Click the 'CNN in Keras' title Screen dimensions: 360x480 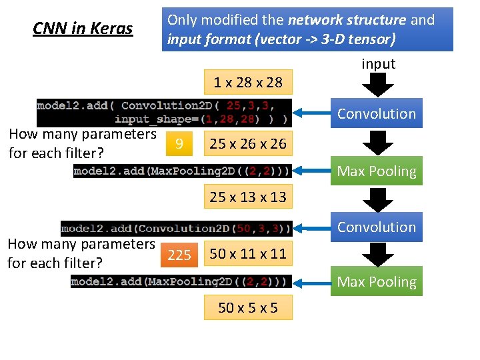point(83,29)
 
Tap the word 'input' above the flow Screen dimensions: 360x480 point(378,64)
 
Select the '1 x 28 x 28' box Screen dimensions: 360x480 point(248,83)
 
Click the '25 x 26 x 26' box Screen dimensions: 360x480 point(248,143)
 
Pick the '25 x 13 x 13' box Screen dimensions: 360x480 point(248,197)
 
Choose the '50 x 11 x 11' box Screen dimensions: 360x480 point(248,253)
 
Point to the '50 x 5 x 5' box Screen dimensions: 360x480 point(248,307)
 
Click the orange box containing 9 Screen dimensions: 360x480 point(177,143)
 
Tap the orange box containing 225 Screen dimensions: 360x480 point(179,254)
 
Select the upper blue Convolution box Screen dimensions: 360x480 point(376,113)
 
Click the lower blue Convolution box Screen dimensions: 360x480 point(376,227)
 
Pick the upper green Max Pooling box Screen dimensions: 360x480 point(376,171)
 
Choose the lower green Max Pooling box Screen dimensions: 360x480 point(376,282)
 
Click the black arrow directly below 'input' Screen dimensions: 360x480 point(378,85)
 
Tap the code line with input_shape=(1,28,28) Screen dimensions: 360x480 point(200,119)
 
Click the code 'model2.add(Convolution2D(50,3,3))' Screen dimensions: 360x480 point(176,229)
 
